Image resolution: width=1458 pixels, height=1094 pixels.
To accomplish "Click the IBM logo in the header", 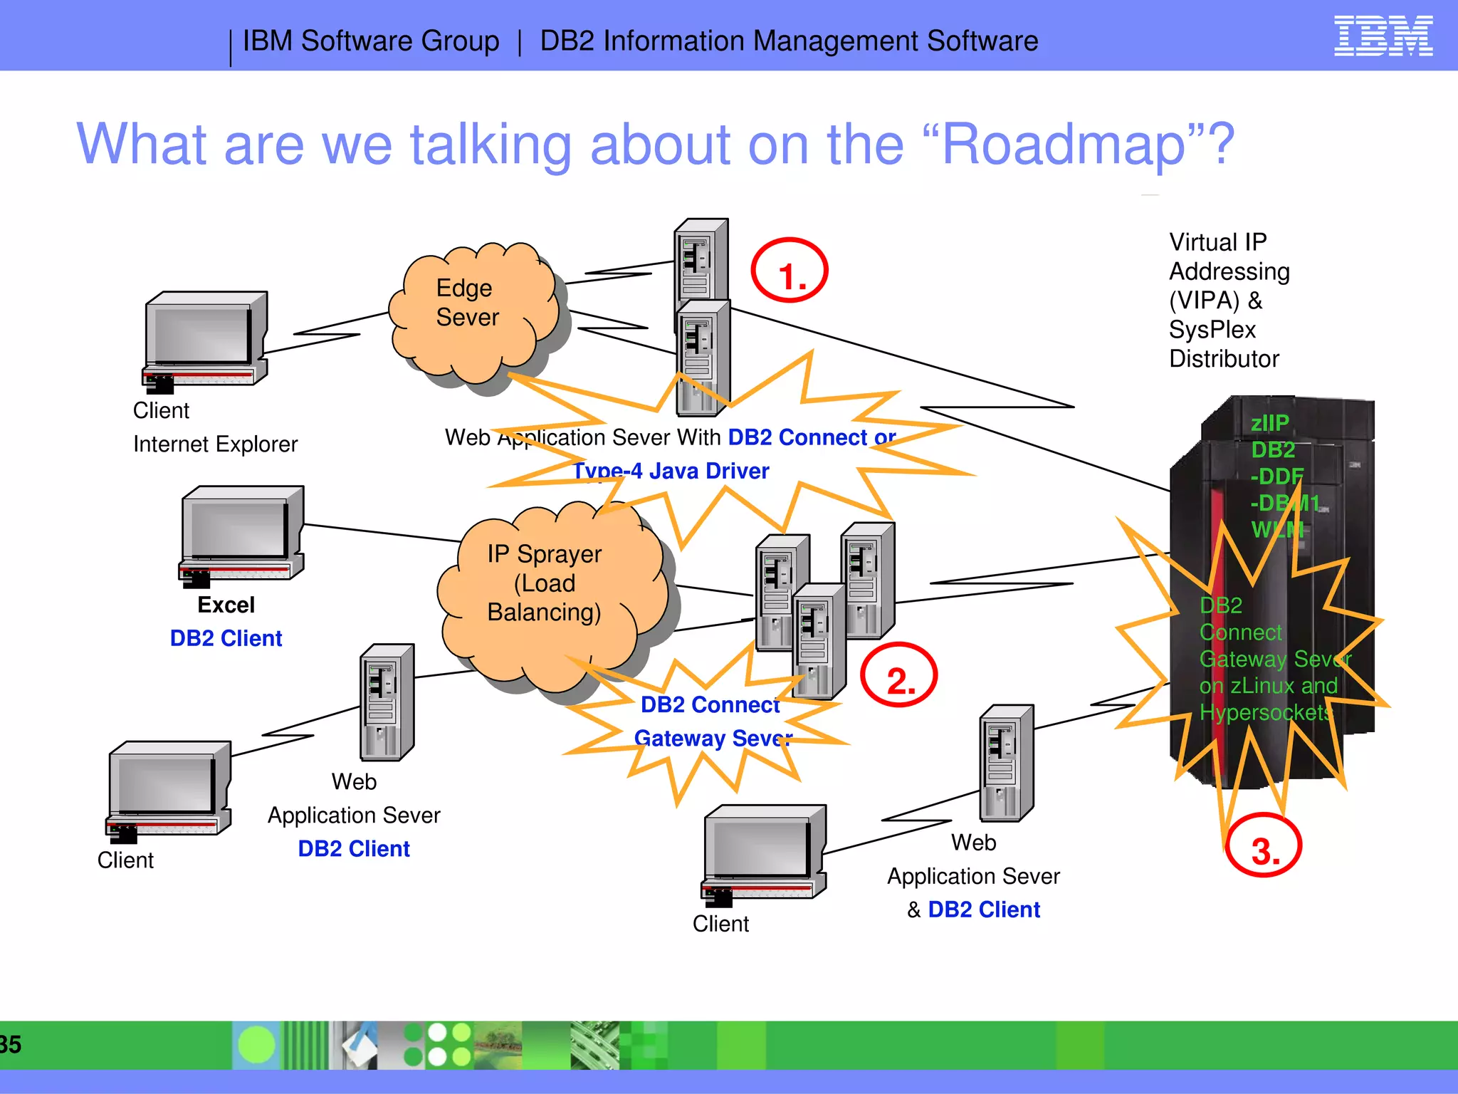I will click(1383, 36).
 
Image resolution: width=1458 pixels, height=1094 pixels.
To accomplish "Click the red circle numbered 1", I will click(790, 271).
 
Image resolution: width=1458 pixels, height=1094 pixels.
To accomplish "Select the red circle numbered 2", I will click(898, 675).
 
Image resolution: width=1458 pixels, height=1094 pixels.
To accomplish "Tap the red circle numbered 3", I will click(1264, 846).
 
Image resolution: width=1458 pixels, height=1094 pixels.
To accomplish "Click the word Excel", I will click(226, 605).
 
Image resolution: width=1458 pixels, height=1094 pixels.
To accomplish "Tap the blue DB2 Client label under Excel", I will click(226, 638).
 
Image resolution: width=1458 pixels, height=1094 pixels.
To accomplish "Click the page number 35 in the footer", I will click(11, 1044).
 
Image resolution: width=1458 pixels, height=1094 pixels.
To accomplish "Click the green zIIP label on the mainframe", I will click(1270, 423).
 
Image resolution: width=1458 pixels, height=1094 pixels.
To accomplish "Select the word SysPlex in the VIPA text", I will click(1212, 330).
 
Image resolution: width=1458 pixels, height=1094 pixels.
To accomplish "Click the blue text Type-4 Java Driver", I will click(671, 471).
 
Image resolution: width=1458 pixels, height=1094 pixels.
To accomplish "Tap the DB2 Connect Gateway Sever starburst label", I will click(712, 721).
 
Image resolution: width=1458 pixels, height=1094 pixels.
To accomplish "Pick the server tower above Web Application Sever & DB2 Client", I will click(1006, 763).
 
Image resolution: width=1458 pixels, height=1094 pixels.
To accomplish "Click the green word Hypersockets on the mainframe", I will click(1265, 712).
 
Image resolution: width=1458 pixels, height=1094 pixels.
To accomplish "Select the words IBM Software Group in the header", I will click(371, 41).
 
